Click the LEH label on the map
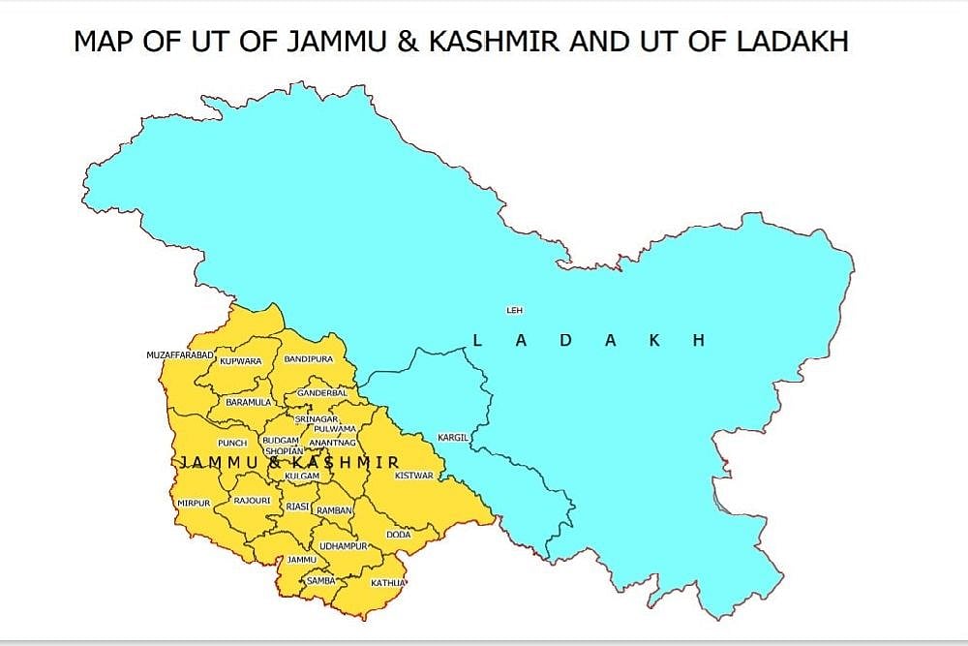[x=514, y=310]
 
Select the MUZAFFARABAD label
[x=179, y=355]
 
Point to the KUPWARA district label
[x=240, y=361]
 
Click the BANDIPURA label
[x=308, y=359]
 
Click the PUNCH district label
[x=232, y=443]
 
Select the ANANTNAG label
[x=332, y=443]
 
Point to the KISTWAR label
[x=413, y=476]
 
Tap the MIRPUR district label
[x=193, y=504]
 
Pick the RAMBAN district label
[x=334, y=509]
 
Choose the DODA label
[x=399, y=535]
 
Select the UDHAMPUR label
[x=345, y=546]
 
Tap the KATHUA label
[x=388, y=583]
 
